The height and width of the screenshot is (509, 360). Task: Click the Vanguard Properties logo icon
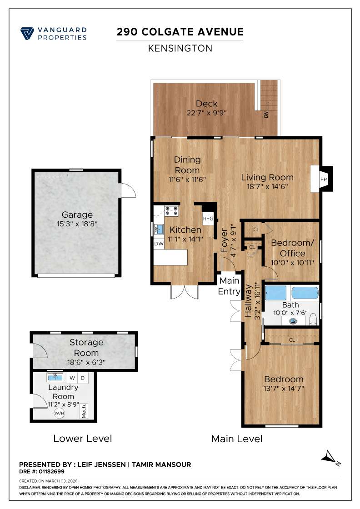[x=28, y=34]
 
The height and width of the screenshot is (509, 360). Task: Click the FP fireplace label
[x=324, y=179]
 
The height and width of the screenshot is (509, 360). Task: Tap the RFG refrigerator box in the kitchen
[x=208, y=219]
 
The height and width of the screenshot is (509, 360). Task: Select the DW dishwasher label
[x=159, y=244]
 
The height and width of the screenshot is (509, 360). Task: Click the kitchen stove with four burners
[x=172, y=210]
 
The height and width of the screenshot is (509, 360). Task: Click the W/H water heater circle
[x=59, y=413]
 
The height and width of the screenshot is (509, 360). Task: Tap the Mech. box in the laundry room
[x=84, y=411]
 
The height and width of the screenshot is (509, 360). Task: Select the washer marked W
[x=72, y=378]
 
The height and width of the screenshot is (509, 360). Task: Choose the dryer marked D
[x=83, y=378]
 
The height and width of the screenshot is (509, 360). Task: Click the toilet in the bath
[x=312, y=320]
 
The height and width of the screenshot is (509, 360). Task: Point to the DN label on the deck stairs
[x=265, y=115]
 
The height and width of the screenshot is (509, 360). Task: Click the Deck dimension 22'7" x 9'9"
[x=206, y=113]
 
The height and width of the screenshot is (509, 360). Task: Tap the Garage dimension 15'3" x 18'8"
[x=77, y=224]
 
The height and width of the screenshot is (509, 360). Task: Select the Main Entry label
[x=229, y=286]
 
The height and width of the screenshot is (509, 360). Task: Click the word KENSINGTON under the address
[x=180, y=48]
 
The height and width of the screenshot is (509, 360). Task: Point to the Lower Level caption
[x=82, y=439]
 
